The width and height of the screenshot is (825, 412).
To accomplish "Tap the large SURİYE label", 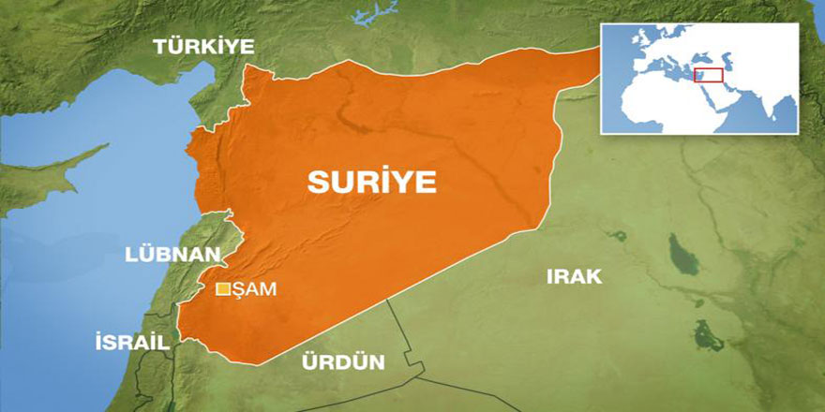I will click(x=372, y=183).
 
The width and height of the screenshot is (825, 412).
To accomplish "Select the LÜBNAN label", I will click(x=172, y=255).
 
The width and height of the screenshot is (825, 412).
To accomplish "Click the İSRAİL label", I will click(x=132, y=343).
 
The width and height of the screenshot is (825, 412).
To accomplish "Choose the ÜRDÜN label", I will click(x=342, y=361).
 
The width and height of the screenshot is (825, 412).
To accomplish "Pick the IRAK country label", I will click(x=573, y=275).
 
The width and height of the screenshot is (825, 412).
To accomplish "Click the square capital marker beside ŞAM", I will click(x=223, y=289).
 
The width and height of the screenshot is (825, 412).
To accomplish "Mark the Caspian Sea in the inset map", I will click(x=730, y=64).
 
